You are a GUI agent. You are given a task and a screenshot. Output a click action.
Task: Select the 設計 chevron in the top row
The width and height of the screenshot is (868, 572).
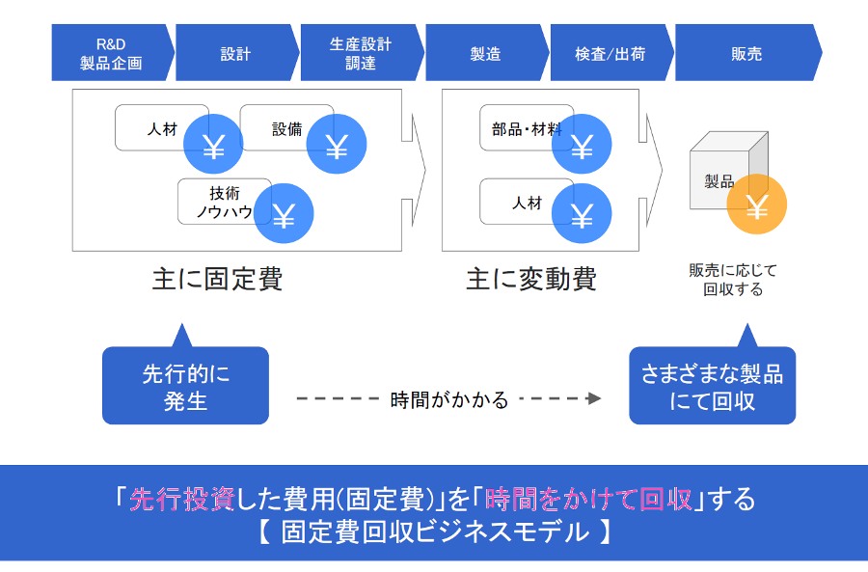pos(237,53)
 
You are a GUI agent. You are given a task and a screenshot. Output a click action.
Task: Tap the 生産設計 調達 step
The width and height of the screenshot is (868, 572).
pos(362,53)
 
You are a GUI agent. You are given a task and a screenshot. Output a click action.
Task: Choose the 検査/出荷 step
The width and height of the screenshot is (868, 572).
pos(611,53)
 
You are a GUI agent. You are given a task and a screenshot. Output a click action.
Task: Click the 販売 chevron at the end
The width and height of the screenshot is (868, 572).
pos(747,53)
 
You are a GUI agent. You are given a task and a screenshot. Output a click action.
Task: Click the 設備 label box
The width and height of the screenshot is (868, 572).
pos(286,128)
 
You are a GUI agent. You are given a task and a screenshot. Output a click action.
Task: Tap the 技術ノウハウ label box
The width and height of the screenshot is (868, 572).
pos(224,202)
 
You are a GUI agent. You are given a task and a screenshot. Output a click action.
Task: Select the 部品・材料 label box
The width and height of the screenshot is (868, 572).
pos(527,128)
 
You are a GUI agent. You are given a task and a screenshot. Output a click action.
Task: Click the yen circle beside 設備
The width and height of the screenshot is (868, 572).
pos(336,144)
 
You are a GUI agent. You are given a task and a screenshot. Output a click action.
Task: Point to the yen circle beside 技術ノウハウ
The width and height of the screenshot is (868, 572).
pos(284,214)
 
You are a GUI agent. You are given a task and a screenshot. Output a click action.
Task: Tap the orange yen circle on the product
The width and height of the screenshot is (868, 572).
pos(757,204)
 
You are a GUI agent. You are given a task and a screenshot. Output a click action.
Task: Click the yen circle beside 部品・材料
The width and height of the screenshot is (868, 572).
pos(582,144)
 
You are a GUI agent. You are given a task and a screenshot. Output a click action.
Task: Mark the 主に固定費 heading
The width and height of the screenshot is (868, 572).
pos(218,279)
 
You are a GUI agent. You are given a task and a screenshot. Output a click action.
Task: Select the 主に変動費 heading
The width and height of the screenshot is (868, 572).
pos(531,279)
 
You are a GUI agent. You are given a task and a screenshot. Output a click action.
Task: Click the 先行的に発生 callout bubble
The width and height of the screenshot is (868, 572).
pos(185,386)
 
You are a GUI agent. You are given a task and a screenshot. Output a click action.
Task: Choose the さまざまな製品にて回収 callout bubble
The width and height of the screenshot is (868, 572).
pos(713,386)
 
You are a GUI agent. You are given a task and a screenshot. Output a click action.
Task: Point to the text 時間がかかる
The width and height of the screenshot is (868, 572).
pos(448,399)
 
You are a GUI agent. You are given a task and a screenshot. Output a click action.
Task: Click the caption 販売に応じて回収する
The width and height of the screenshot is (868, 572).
pos(733,280)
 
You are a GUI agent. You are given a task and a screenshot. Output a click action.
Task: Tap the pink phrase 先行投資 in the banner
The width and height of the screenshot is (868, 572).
pos(182,500)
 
